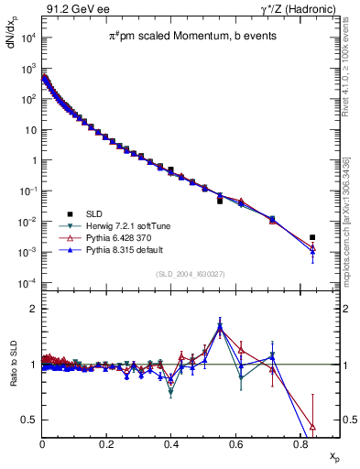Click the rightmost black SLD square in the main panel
[313, 237]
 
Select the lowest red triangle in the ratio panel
[313, 426]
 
